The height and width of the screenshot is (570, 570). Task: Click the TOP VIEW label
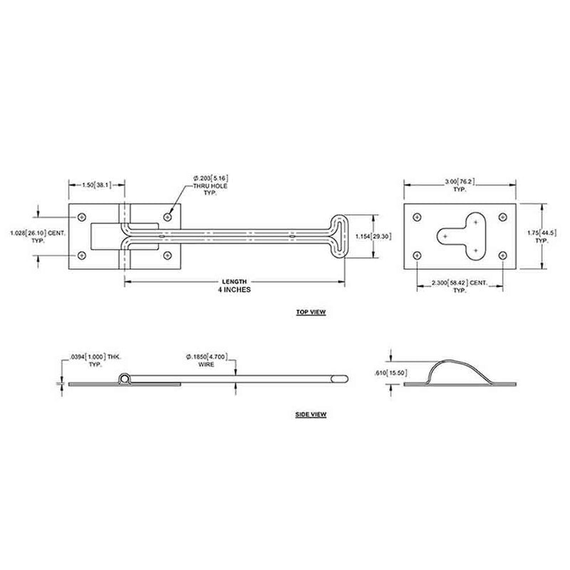309,313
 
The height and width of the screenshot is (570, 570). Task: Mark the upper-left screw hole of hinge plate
82,215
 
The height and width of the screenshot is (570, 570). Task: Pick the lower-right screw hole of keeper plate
502,254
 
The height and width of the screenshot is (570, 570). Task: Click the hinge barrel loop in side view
125,378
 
